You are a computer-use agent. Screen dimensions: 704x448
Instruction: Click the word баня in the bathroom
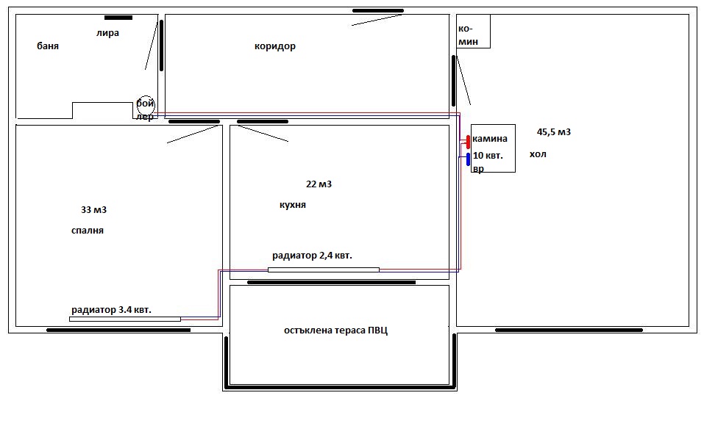(x=48, y=46)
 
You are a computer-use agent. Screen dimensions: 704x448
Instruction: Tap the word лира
(x=107, y=33)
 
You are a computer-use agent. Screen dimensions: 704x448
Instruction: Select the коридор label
(x=275, y=46)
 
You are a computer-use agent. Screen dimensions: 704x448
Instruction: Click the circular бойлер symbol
(x=146, y=105)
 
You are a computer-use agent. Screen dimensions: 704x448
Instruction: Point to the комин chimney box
(x=473, y=31)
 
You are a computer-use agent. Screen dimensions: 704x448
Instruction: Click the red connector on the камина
(x=467, y=142)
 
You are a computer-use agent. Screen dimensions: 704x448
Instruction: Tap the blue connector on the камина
(x=468, y=159)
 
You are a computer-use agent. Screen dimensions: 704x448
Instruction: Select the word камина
(x=490, y=139)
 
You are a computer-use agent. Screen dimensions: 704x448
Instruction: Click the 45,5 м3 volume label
(x=554, y=132)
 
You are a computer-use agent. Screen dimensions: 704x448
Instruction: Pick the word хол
(x=538, y=154)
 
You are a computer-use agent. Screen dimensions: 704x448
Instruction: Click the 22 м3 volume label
(x=319, y=184)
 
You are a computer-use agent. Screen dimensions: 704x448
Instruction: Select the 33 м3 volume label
(x=94, y=210)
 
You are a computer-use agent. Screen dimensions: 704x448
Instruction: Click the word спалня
(x=88, y=231)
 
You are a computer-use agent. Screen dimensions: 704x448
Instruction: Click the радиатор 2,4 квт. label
(x=312, y=256)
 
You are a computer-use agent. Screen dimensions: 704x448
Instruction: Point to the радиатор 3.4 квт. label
(x=111, y=310)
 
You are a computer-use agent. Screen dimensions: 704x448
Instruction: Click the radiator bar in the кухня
(x=324, y=270)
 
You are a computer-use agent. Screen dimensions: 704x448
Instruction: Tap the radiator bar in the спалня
(x=125, y=319)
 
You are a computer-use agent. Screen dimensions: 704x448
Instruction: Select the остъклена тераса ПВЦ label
(x=336, y=330)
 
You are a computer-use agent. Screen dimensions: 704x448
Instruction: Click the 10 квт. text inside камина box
(x=488, y=156)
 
